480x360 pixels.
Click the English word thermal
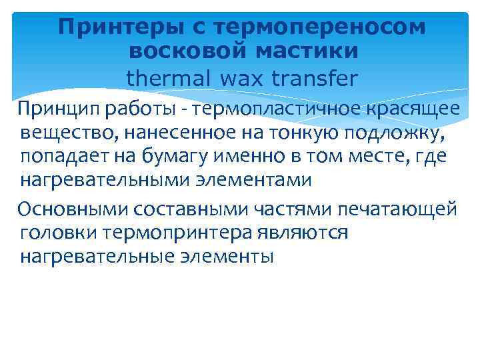point(167,79)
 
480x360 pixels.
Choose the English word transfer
point(315,79)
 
